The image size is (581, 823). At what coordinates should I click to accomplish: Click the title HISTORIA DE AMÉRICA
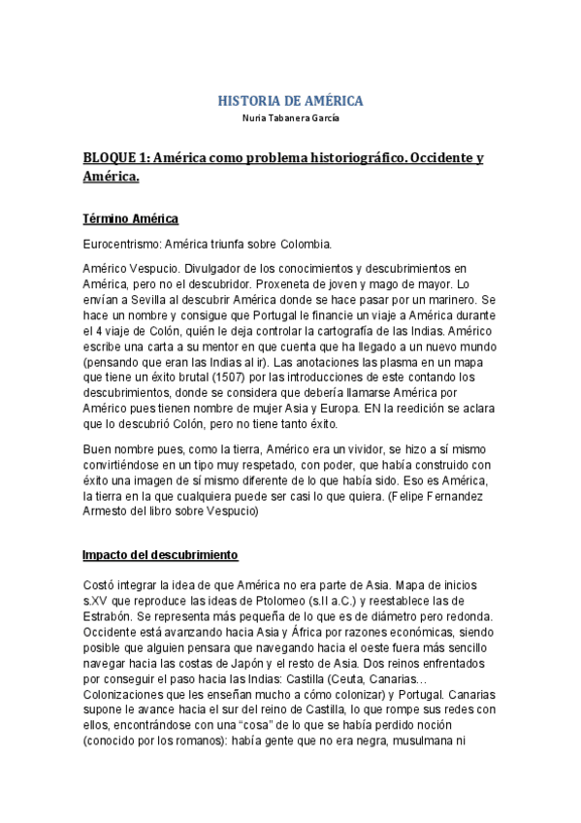290,101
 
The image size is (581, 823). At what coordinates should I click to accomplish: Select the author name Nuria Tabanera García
290,118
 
